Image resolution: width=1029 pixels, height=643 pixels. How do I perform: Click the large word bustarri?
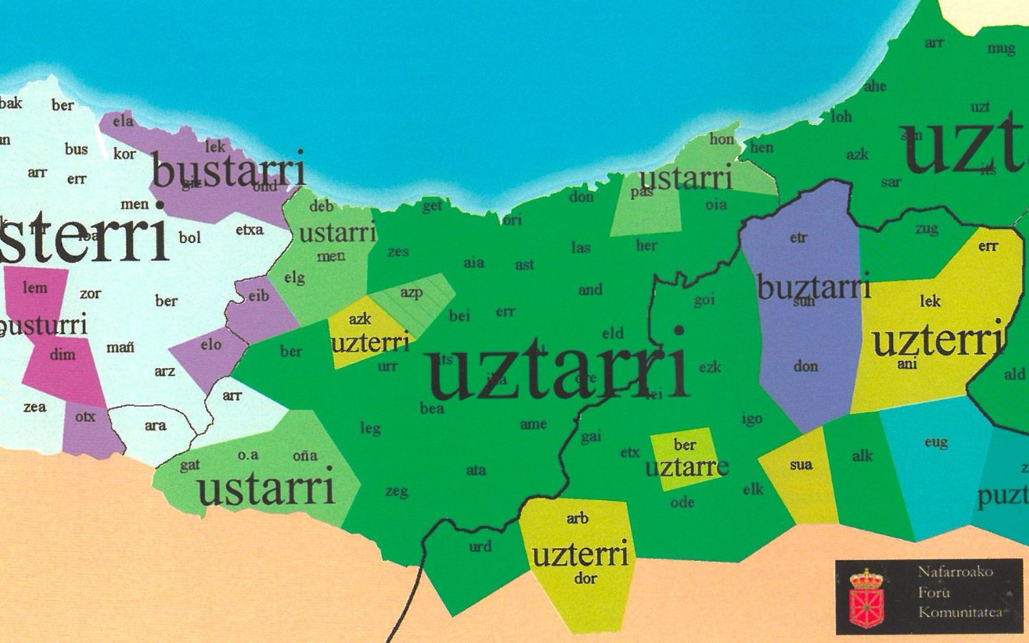229,171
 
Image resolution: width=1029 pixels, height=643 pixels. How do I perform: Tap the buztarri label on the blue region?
813,287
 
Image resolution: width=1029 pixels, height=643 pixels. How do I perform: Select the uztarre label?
686,468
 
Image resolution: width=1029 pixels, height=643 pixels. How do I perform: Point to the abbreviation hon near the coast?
722,139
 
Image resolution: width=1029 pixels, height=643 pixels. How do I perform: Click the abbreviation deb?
322,206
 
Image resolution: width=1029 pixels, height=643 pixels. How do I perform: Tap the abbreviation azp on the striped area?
411,292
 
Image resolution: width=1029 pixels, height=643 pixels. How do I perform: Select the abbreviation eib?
259,295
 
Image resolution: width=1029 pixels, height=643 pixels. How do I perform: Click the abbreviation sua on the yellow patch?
801,465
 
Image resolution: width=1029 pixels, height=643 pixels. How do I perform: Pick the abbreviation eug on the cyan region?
935,442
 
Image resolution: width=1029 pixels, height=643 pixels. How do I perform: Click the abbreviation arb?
577,519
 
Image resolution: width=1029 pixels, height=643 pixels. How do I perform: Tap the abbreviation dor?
585,579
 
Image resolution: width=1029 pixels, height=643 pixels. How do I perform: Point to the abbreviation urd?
480,547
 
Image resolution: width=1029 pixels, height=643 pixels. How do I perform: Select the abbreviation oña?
305,456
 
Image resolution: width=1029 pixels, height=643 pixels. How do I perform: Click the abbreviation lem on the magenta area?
35,288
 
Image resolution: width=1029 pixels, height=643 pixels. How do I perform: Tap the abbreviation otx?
85,417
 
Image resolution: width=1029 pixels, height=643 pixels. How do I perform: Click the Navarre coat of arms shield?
866,596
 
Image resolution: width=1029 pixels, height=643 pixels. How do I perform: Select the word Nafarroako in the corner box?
955,572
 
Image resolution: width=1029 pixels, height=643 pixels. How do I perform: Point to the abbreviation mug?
1000,49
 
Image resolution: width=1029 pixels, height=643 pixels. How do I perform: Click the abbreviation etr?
798,238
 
